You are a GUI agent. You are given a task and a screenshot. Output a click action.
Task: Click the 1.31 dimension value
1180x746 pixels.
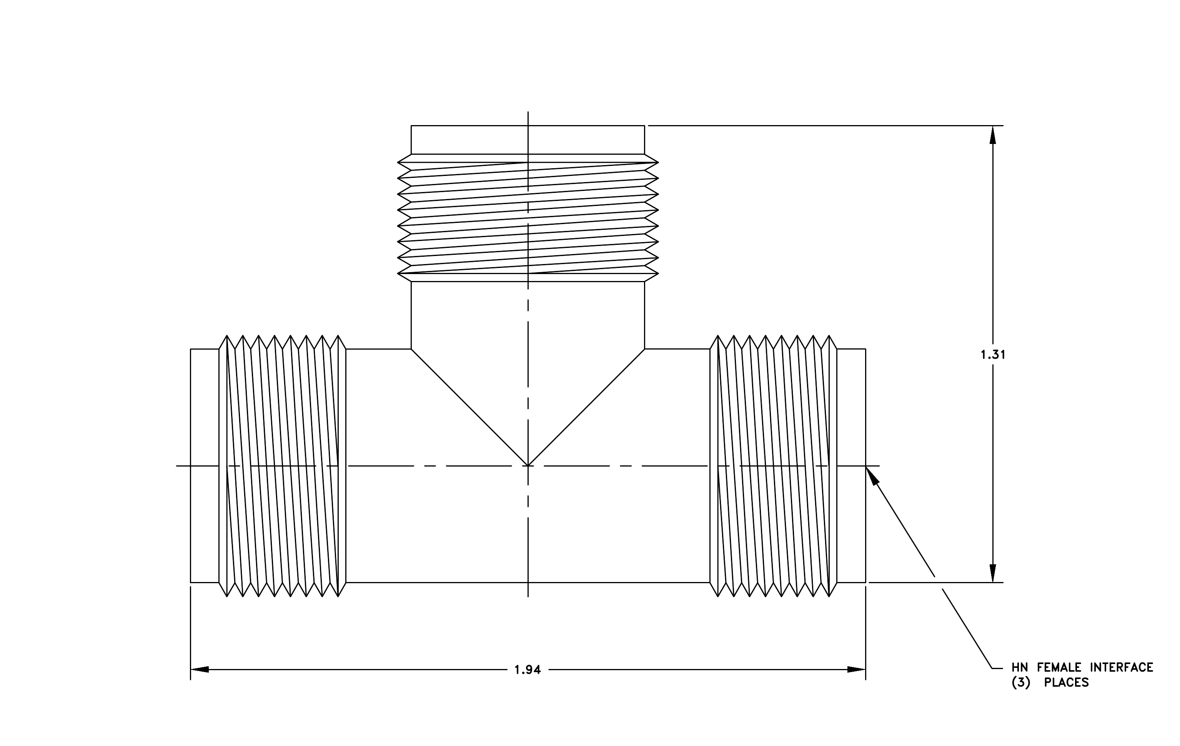coord(993,355)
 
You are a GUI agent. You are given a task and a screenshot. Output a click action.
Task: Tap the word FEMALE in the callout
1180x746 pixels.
coord(1059,667)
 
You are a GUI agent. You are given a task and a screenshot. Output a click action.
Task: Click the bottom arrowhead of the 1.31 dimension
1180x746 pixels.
coord(993,573)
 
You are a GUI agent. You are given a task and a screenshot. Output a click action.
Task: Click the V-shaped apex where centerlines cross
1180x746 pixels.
coord(528,465)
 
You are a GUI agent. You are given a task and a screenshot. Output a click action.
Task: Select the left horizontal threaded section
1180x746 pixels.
coord(282,466)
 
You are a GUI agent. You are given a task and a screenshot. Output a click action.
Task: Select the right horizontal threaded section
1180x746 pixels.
coord(773,466)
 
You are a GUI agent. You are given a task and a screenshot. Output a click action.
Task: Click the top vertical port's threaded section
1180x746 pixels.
coord(528,218)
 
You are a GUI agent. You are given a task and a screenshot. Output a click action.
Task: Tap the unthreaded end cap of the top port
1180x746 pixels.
coord(528,140)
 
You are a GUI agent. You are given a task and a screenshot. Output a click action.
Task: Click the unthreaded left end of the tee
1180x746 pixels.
coord(204,466)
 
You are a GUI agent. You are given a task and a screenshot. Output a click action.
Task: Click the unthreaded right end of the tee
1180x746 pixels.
coord(851,466)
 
